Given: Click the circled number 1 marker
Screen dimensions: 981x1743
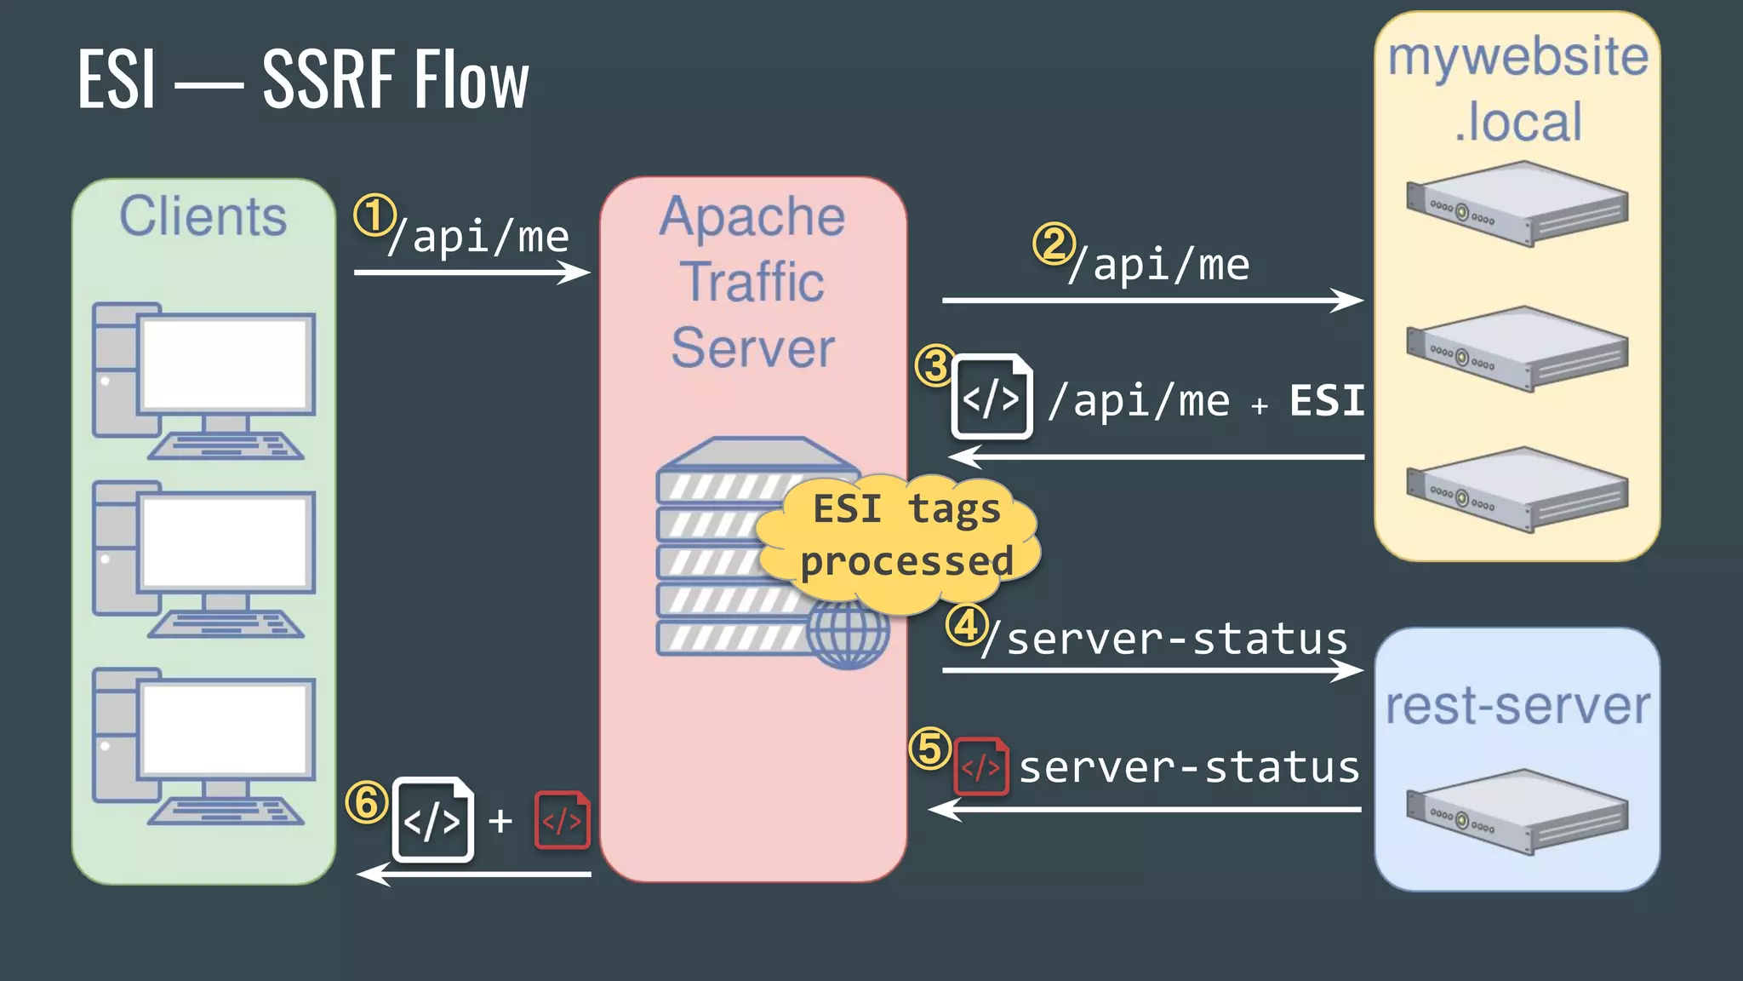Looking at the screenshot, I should click(374, 215).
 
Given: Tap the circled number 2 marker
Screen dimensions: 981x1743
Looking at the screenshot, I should click(1054, 244).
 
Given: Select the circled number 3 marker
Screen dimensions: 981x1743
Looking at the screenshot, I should click(935, 365).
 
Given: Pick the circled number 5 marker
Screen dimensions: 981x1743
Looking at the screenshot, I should click(929, 749).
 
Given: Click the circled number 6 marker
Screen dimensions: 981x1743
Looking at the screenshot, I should click(367, 802).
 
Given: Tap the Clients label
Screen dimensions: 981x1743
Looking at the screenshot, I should click(203, 216).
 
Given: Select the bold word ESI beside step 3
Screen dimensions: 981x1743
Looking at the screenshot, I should click(1326, 400).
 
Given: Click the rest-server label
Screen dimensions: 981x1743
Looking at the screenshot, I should click(1517, 706).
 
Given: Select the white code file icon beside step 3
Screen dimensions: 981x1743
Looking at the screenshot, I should click(992, 397).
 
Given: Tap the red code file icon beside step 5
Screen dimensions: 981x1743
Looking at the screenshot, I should click(981, 766).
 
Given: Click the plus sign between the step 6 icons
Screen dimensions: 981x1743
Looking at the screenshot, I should click(500, 821).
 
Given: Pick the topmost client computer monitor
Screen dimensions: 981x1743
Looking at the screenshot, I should click(225, 364).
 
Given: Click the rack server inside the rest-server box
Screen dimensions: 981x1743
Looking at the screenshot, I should click(1517, 811).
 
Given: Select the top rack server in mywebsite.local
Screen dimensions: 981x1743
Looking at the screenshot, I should click(1517, 204).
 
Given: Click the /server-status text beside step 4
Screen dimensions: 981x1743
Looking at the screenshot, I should click(1164, 639).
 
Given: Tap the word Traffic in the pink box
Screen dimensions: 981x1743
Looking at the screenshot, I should click(752, 282).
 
